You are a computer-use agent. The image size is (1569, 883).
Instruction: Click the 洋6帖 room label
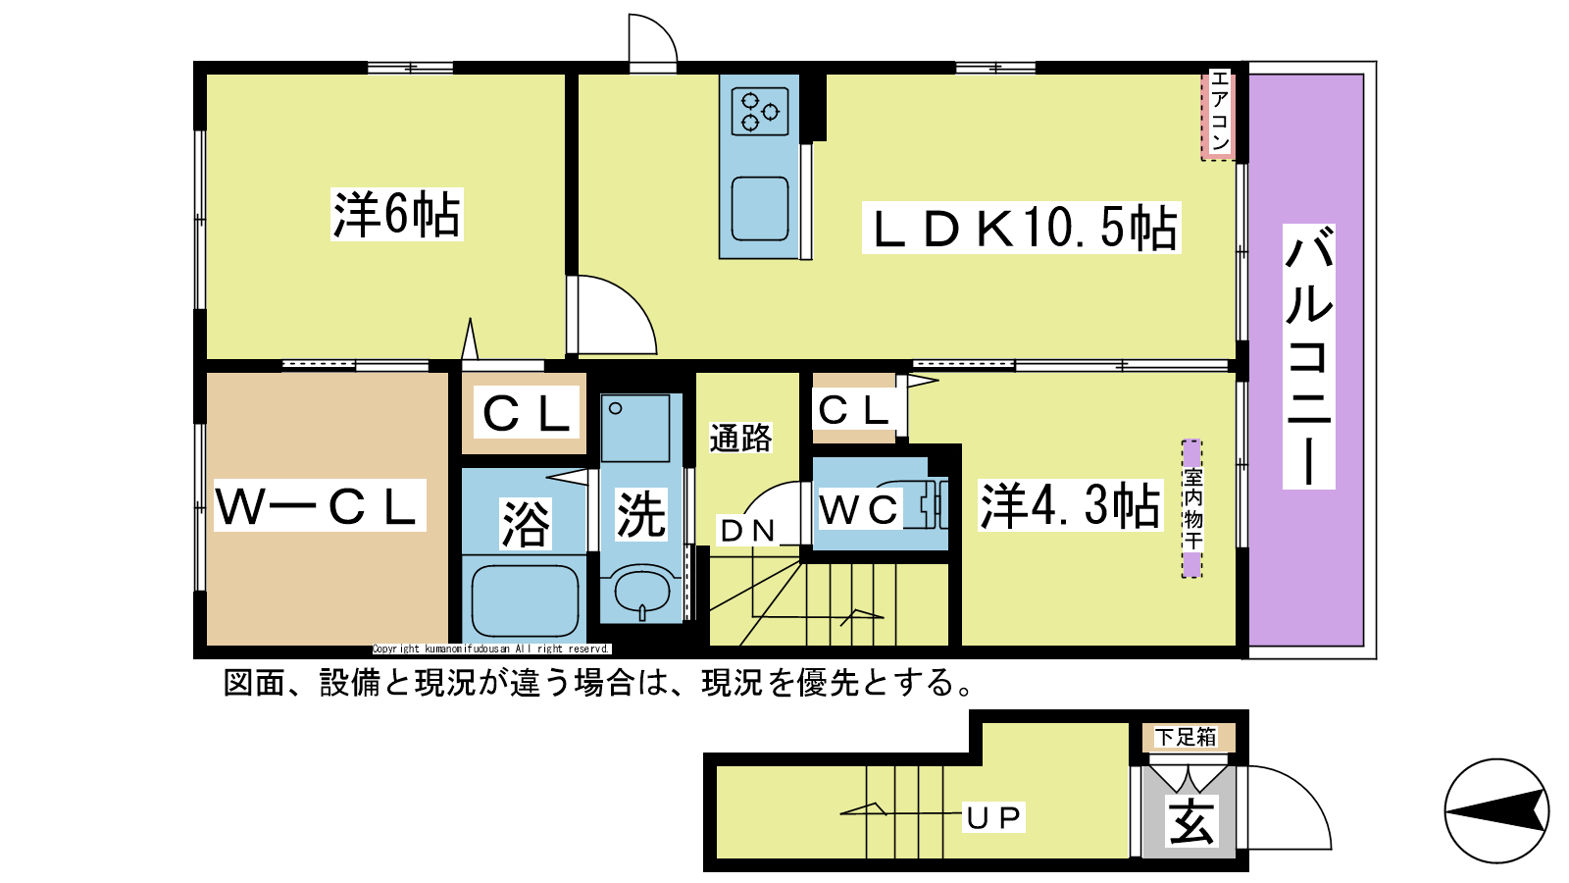pyautogui.click(x=396, y=215)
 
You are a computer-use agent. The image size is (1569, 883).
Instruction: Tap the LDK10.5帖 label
pyautogui.click(x=1021, y=227)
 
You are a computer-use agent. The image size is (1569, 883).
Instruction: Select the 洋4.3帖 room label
pyautogui.click(x=1070, y=505)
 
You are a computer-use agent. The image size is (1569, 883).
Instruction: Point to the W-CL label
pyautogui.click(x=320, y=505)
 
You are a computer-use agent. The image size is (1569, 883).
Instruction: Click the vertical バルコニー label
pyautogui.click(x=1308, y=356)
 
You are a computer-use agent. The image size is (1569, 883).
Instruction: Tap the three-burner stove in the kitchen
pyautogui.click(x=760, y=112)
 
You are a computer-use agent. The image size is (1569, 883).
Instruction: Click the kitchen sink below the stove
pyautogui.click(x=760, y=209)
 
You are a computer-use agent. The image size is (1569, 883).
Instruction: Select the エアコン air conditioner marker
pyautogui.click(x=1219, y=114)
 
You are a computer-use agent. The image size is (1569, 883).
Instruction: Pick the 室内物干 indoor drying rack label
pyautogui.click(x=1192, y=509)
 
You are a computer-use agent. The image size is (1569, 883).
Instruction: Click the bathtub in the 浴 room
pyautogui.click(x=525, y=600)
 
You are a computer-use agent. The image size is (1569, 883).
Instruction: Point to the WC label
pyautogui.click(x=859, y=509)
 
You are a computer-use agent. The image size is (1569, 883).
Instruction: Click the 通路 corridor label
pyautogui.click(x=740, y=438)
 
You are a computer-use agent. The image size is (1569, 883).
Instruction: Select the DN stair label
pyautogui.click(x=747, y=532)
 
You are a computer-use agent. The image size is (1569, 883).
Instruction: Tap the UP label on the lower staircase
pyautogui.click(x=994, y=817)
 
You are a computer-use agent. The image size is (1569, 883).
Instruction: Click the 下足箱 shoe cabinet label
pyautogui.click(x=1186, y=737)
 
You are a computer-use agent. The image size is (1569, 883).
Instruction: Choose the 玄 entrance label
pyautogui.click(x=1190, y=823)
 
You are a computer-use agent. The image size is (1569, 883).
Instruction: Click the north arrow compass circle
pyautogui.click(x=1496, y=811)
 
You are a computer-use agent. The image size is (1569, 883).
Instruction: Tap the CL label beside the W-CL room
pyautogui.click(x=526, y=413)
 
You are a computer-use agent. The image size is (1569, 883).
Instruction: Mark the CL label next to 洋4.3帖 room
pyautogui.click(x=854, y=410)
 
